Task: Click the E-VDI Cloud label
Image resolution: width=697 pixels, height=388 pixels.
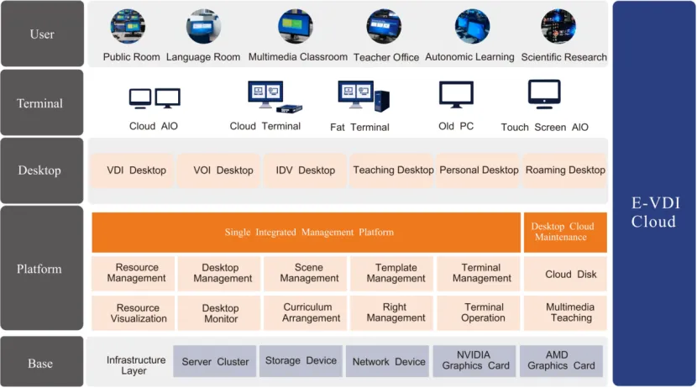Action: click(654, 212)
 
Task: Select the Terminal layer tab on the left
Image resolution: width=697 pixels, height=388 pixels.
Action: click(40, 103)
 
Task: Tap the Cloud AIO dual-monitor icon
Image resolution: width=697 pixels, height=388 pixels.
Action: click(155, 98)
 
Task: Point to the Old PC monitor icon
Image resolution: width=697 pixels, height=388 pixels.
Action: click(456, 95)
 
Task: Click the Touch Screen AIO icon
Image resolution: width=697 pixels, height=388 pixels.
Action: click(544, 94)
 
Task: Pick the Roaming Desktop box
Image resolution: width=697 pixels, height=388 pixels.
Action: click(565, 170)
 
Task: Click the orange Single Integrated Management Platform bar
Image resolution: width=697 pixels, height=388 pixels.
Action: click(307, 233)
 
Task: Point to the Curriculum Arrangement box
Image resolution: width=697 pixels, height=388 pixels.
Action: click(307, 312)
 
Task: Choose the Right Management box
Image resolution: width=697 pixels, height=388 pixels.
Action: click(395, 312)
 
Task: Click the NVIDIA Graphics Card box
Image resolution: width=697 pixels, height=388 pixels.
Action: click(474, 361)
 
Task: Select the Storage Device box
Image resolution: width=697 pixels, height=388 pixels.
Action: click(301, 361)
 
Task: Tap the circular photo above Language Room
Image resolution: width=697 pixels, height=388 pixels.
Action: click(203, 27)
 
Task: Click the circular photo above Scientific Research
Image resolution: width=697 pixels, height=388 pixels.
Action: click(558, 27)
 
